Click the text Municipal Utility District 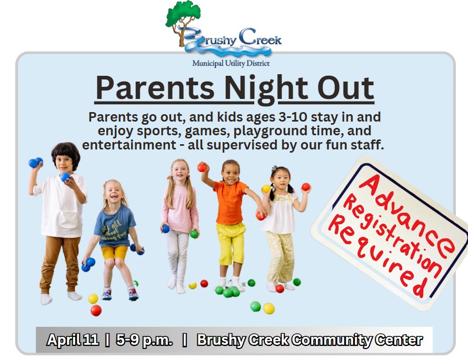(231, 63)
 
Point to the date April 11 (73, 339)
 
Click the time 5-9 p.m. (144, 340)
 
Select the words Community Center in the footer (357, 340)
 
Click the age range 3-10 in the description (293, 117)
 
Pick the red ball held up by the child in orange (202, 167)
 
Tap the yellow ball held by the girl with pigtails (266, 188)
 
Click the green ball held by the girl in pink (194, 234)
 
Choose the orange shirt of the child (230, 203)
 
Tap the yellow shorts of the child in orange (231, 243)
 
